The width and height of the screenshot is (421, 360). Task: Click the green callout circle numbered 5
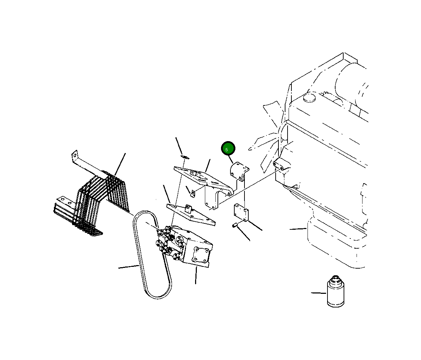(228, 148)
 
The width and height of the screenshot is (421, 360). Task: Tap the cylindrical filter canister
(336, 292)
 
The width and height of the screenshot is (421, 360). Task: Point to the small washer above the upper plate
(185, 157)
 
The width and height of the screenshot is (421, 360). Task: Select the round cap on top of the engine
(309, 98)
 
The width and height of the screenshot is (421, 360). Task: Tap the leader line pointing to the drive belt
(129, 266)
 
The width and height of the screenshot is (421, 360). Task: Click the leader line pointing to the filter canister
(318, 293)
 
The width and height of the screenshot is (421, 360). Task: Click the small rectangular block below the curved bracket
(241, 212)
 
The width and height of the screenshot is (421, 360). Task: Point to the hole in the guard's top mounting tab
(75, 155)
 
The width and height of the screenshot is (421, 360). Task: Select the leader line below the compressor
(196, 275)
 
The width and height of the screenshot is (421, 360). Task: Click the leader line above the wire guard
(120, 164)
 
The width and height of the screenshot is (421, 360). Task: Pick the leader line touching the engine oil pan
(298, 229)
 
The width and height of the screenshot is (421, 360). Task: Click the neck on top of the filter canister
(336, 280)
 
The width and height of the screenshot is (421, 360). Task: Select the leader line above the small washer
(179, 146)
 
